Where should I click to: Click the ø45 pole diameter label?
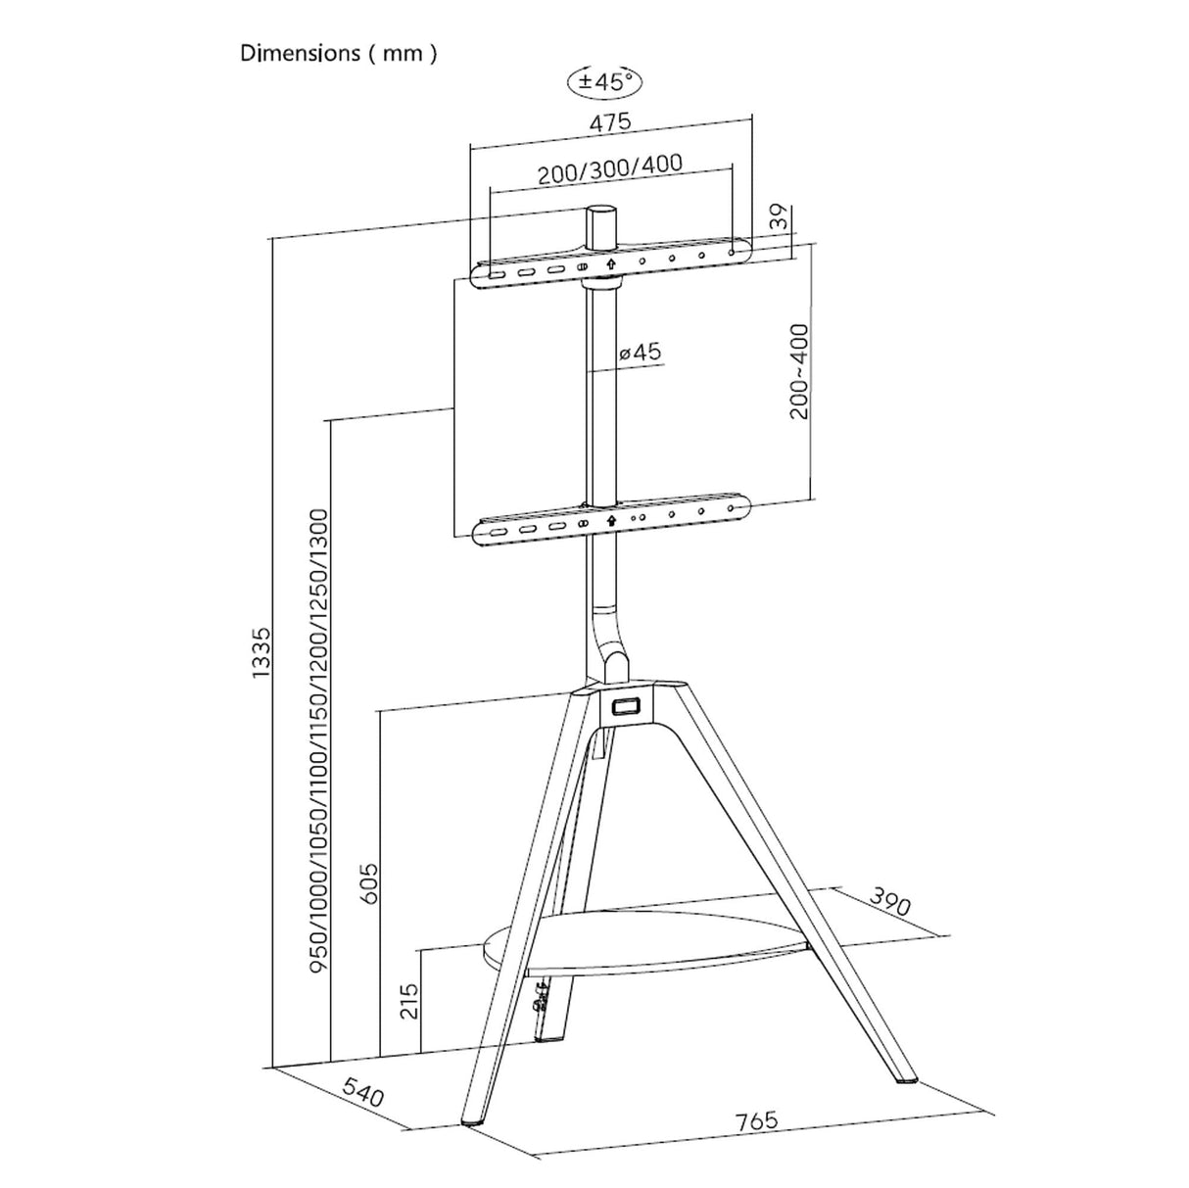coord(641,352)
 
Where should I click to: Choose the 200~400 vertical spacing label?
coord(799,371)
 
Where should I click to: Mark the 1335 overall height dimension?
coord(261,650)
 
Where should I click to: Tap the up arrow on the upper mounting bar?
coord(611,264)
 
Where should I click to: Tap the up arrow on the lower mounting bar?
coord(611,521)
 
